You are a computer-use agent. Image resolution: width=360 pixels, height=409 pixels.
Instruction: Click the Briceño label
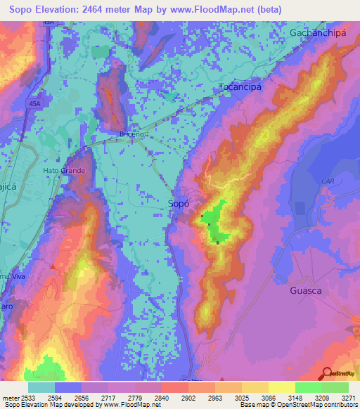pos(131,134)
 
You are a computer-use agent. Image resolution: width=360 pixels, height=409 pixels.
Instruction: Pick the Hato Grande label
pos(64,171)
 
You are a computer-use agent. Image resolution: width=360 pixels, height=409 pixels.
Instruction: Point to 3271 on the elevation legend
pos(348,397)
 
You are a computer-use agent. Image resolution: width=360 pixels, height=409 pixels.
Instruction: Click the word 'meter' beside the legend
pos(11,397)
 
